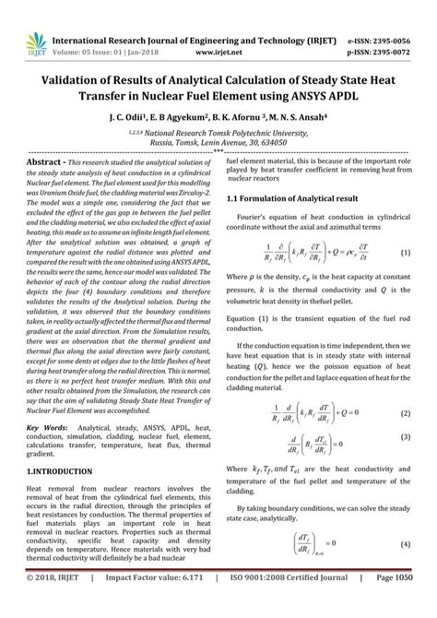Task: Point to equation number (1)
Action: coord(405,279)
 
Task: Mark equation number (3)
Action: coord(405,439)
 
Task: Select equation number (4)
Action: coord(405,542)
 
